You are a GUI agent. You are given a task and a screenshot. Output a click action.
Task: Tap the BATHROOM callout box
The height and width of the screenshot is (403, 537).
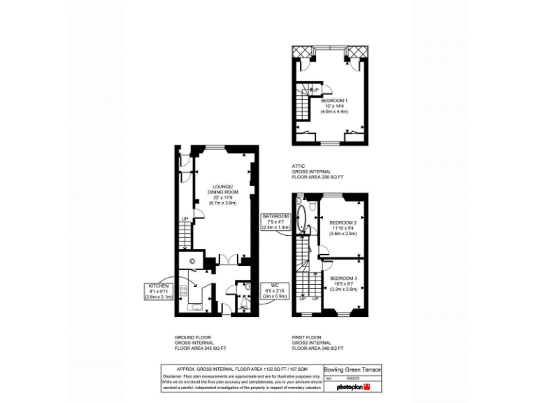pyautogui.click(x=275, y=222)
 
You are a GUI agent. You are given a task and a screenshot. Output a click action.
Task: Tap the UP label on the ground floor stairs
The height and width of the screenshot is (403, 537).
pyautogui.click(x=185, y=220)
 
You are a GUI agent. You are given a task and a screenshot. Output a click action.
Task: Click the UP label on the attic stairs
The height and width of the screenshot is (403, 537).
pyautogui.click(x=314, y=90)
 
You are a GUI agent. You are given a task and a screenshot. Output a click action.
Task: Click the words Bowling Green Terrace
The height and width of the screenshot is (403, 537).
pyautogui.click(x=352, y=370)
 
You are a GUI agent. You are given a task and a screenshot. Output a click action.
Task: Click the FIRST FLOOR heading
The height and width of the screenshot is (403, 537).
pyautogui.click(x=307, y=337)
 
